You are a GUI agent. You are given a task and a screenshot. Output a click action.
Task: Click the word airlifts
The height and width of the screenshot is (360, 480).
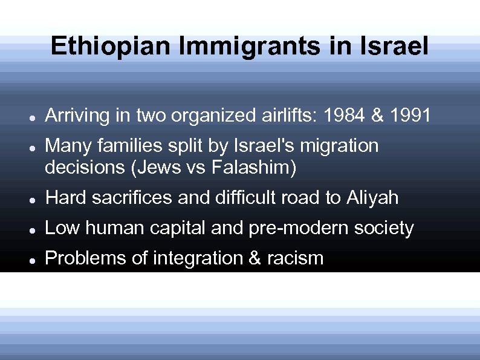pos(279,115)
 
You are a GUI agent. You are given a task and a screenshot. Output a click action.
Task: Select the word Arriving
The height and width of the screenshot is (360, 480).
pos(78,115)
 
